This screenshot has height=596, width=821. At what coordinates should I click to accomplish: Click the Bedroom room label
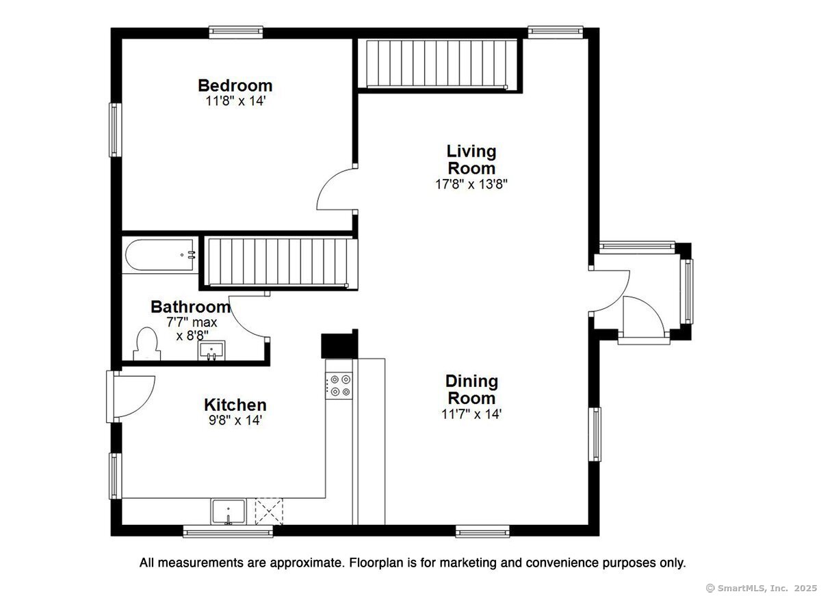(x=235, y=85)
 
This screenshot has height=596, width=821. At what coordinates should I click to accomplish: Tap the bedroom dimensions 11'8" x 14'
(x=235, y=101)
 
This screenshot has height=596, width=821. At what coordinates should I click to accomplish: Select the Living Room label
(x=471, y=160)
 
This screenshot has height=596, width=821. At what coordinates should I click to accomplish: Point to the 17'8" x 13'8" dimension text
(x=471, y=184)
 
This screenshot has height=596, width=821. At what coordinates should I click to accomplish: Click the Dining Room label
(x=471, y=390)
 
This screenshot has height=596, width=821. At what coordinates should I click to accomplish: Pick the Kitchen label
(x=235, y=405)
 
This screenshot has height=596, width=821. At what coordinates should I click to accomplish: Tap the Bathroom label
(x=191, y=307)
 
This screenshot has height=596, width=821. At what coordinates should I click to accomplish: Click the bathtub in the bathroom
(x=160, y=255)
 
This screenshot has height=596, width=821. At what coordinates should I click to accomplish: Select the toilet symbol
(x=146, y=344)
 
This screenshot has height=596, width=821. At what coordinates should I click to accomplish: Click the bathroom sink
(x=211, y=351)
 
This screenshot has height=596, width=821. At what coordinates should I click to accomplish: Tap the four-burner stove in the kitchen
(x=339, y=386)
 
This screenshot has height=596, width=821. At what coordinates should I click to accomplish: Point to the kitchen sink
(x=228, y=511)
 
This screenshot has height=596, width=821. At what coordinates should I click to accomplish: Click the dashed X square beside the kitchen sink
(x=269, y=511)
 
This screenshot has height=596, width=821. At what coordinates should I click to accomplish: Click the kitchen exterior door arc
(x=143, y=405)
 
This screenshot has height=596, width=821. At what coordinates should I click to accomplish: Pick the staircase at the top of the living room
(x=437, y=64)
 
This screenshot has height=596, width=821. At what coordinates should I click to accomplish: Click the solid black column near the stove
(x=339, y=344)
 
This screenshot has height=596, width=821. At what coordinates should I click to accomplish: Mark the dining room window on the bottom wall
(x=482, y=531)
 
